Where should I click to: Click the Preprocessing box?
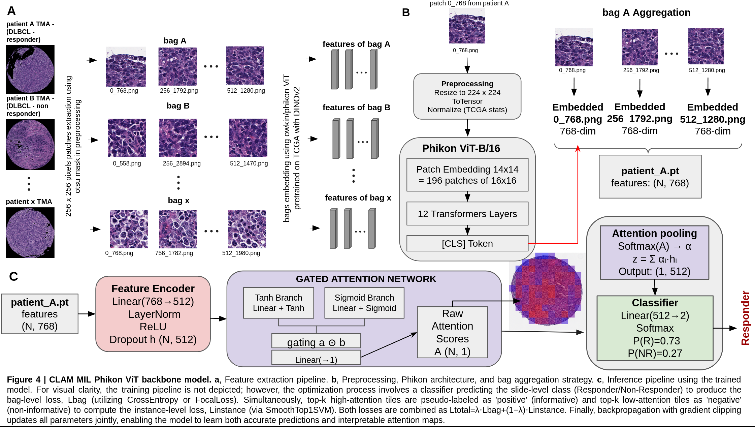pos(467,96)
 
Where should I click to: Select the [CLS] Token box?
pos(467,243)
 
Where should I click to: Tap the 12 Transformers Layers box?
pos(467,214)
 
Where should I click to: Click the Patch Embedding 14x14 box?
pos(467,175)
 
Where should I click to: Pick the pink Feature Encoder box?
pos(153,314)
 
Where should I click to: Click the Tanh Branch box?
pos(278,303)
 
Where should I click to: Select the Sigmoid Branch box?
pos(364,303)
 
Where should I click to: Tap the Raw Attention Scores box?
pos(452,332)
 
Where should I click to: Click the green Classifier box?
pos(655,328)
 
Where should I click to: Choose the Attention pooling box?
pos(654,252)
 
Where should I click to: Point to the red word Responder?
pos(745,318)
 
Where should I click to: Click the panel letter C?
pos(13,276)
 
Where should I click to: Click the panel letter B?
pos(406,12)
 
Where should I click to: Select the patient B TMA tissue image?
pos(30,144)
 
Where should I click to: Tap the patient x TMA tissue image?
pos(30,233)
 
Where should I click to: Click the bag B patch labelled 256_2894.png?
pos(178,138)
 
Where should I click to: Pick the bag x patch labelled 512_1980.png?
pos(247,229)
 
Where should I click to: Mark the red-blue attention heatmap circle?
pos(547,289)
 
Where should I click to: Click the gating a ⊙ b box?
pos(316,341)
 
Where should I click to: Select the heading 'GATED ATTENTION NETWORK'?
pos(366,279)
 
